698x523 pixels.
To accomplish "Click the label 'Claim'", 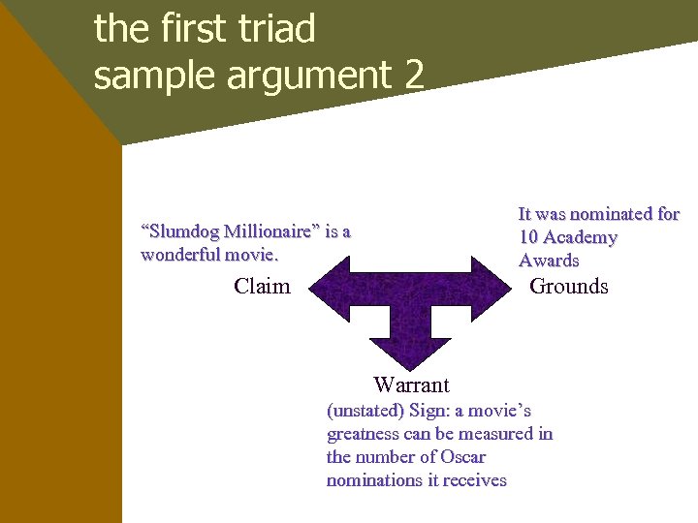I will coord(262,286).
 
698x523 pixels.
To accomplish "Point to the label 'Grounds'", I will coord(568,286).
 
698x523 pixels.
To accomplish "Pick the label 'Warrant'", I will coord(411,385).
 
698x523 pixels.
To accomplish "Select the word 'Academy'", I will coord(581,237).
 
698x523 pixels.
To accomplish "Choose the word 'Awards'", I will coord(549,261).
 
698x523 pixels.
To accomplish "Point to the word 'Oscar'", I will coord(462,457).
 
